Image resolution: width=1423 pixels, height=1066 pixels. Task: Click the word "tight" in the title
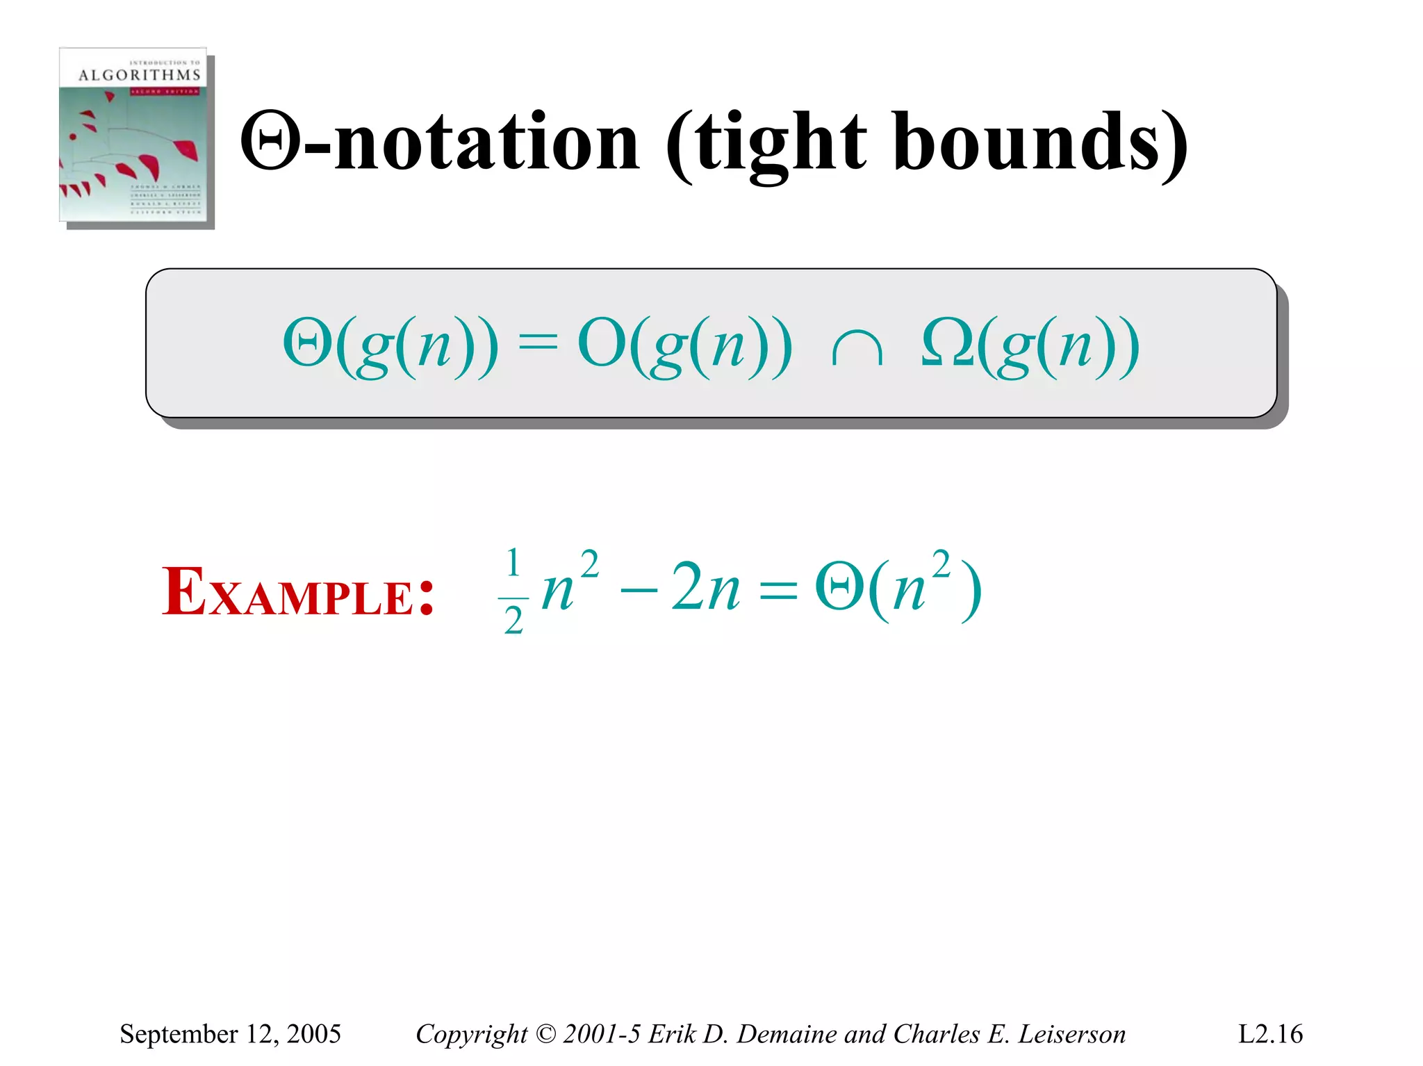781,143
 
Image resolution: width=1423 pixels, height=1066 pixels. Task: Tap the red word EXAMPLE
297,593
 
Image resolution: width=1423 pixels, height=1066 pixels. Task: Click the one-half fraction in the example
513,591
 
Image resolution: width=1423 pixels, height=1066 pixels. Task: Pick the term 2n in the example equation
705,588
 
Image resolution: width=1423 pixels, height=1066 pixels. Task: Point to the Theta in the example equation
839,588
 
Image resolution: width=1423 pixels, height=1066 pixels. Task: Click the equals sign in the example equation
778,591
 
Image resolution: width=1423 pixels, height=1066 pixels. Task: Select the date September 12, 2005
230,1034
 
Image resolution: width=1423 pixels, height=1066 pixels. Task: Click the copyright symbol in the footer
546,1034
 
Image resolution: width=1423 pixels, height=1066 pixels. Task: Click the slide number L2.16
1270,1034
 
